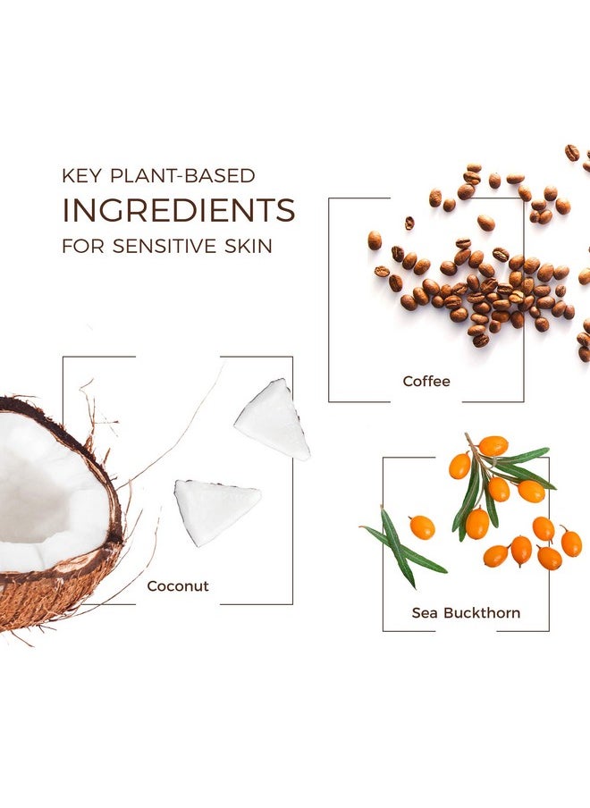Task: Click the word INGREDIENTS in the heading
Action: click(178, 210)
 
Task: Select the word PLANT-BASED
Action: click(183, 176)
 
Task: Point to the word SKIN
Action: click(249, 246)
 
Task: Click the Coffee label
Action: click(426, 382)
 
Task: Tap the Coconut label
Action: click(178, 586)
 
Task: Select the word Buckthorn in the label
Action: click(482, 612)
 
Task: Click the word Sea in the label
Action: click(426, 612)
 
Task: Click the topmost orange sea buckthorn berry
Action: click(493, 446)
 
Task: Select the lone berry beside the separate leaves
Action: click(422, 527)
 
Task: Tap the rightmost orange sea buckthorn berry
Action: click(571, 543)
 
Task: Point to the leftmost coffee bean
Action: click(375, 240)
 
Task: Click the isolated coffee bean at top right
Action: click(572, 153)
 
